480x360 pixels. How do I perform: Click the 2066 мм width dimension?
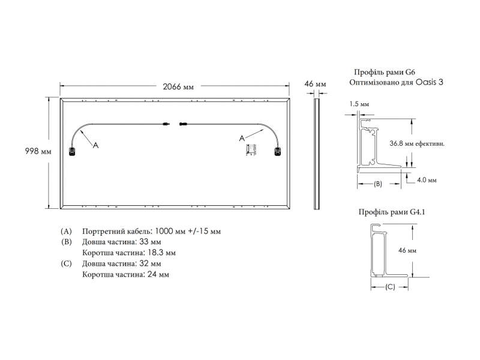178,86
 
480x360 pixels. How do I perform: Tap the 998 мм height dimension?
38,151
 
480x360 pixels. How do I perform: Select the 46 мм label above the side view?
316,84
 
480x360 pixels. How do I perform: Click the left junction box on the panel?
72,152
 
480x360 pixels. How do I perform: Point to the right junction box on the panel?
277,152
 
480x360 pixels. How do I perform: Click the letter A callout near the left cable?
96,145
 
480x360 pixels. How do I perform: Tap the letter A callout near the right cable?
242,139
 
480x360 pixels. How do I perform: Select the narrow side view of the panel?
317,154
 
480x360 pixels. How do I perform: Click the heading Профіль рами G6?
385,72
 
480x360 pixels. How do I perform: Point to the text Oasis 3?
429,82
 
